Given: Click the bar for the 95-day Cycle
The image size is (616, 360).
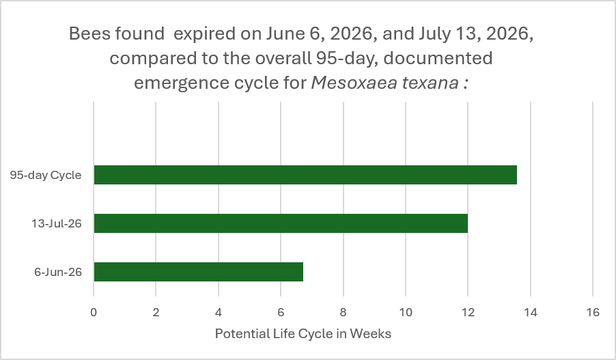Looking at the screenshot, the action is [x=305, y=175].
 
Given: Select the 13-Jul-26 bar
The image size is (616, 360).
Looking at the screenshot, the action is [x=281, y=223].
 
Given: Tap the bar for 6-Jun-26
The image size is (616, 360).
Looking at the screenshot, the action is [x=199, y=272].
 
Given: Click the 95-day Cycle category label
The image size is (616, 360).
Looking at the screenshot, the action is [x=46, y=175].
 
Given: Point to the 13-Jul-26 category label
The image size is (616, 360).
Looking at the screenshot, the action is [x=57, y=223].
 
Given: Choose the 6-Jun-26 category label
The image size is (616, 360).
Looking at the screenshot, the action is [x=58, y=272].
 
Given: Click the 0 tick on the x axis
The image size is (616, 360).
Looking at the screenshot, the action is [x=94, y=312].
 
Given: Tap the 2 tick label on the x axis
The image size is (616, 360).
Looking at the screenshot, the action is [x=156, y=312].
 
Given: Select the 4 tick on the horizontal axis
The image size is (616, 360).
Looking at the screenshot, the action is [x=219, y=312].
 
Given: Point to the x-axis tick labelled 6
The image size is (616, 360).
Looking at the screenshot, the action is [x=281, y=312].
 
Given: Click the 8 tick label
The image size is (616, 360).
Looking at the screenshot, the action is [x=343, y=312].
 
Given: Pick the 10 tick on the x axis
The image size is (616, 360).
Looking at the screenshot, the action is [x=406, y=312].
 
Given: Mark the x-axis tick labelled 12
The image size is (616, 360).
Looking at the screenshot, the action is [x=468, y=312].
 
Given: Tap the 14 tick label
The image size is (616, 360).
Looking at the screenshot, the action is [x=531, y=312].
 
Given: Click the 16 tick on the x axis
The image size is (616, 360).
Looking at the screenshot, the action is [x=593, y=312].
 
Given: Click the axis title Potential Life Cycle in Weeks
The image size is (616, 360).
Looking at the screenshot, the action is [x=303, y=333].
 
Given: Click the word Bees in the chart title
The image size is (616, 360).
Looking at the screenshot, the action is [x=89, y=33].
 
